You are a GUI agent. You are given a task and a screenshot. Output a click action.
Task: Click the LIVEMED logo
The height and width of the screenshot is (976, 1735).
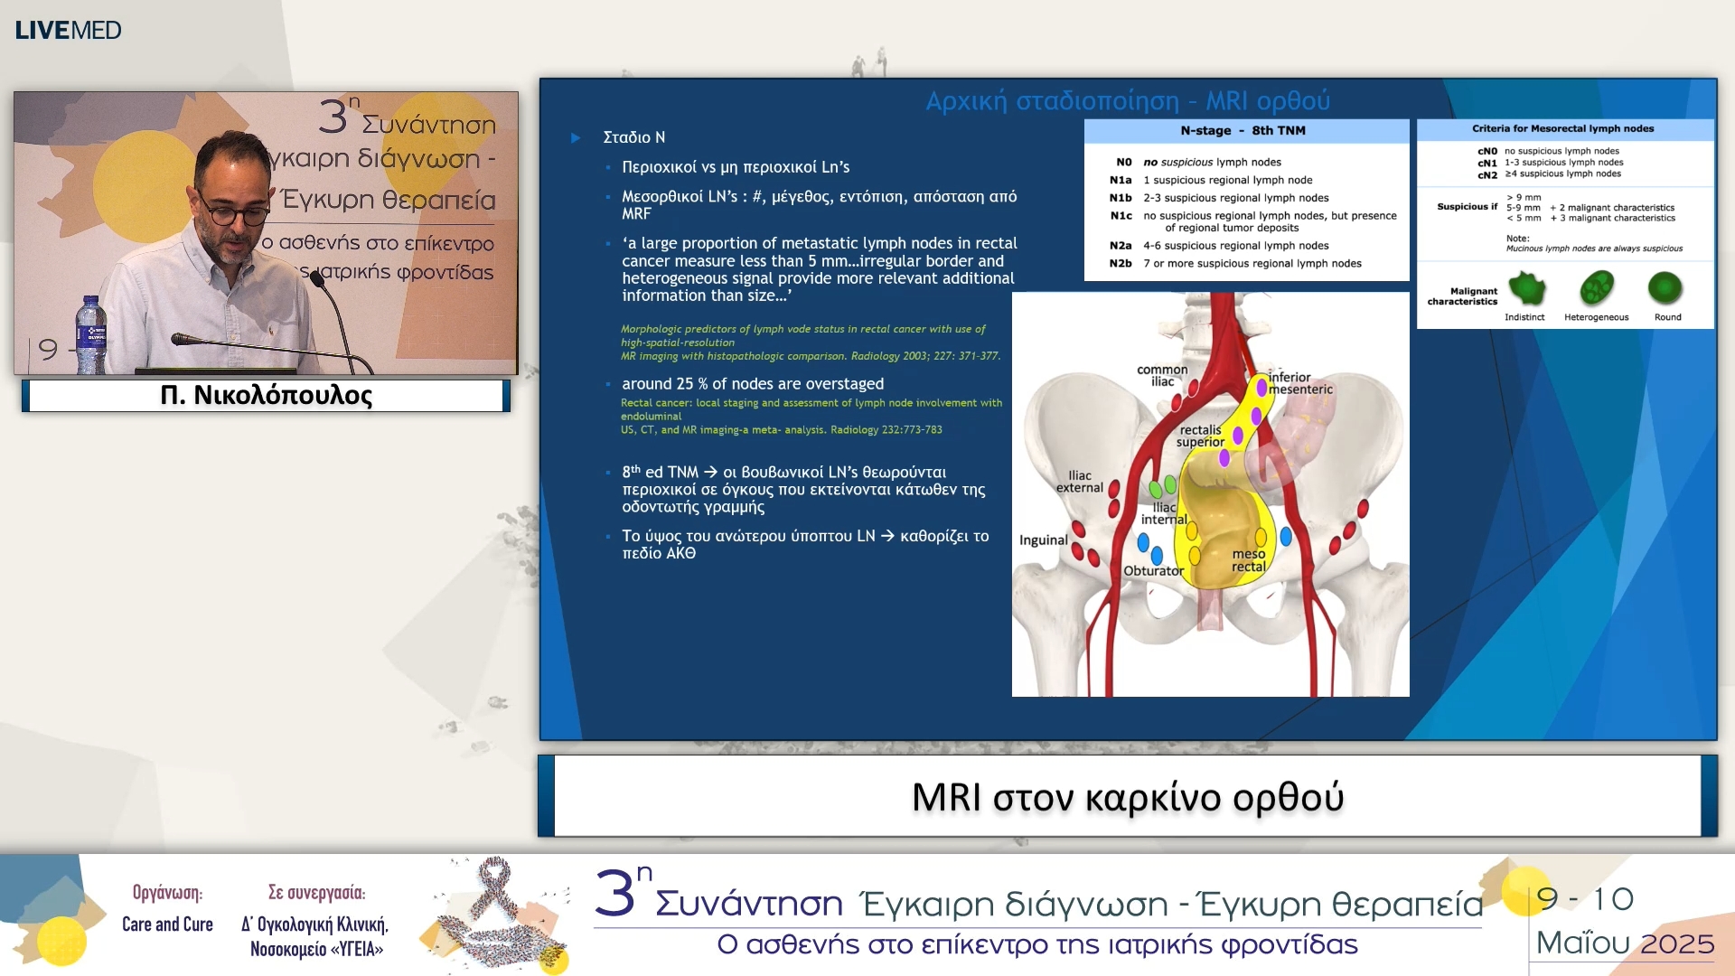(68, 30)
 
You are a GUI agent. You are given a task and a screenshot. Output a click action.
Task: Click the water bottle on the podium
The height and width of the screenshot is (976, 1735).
(91, 335)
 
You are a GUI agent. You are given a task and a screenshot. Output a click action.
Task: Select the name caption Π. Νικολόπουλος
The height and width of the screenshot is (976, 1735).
(266, 396)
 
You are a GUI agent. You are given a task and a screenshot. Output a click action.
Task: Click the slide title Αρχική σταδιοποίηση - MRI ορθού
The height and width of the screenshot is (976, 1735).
(1127, 100)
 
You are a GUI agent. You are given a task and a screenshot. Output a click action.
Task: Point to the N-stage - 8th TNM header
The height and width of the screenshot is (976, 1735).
(1243, 131)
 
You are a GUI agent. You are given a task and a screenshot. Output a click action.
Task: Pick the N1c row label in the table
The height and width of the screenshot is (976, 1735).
(1121, 216)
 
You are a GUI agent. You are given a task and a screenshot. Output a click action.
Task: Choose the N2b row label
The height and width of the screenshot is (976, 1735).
(1121, 264)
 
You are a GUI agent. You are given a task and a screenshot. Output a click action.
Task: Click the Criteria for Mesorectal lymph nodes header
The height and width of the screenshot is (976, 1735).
(1562, 129)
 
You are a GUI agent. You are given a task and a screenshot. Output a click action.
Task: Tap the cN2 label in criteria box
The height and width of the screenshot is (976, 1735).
(1487, 175)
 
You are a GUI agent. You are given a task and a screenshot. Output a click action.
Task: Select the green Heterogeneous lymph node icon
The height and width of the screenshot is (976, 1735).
(1596, 289)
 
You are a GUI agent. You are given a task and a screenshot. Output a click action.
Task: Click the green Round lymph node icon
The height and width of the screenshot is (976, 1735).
(1665, 289)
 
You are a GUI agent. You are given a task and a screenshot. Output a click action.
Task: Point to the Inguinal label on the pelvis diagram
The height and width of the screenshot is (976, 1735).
(1043, 540)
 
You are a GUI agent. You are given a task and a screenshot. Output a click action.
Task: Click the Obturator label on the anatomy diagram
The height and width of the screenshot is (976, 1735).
(1153, 571)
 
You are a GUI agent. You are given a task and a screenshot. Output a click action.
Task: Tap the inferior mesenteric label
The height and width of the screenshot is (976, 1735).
(1299, 383)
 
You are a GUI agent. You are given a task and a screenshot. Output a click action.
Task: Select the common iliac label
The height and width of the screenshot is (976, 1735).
(1162, 375)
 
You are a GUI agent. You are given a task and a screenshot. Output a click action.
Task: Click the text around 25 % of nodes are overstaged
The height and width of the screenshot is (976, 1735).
(752, 384)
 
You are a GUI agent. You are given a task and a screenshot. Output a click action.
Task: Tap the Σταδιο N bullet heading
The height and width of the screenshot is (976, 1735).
(633, 137)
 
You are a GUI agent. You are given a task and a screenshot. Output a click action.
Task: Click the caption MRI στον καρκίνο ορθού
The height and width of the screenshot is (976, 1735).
(1127, 797)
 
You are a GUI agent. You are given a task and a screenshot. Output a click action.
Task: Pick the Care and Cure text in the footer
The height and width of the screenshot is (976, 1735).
(167, 924)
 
